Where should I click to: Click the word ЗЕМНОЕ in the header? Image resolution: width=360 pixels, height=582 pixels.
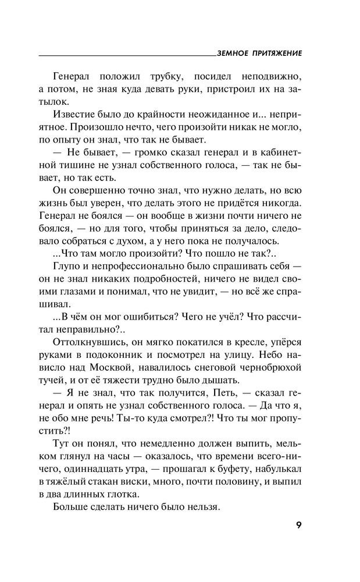pyautogui.click(x=231, y=52)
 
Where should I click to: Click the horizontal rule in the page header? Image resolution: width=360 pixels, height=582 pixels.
pyautogui.click(x=127, y=55)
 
